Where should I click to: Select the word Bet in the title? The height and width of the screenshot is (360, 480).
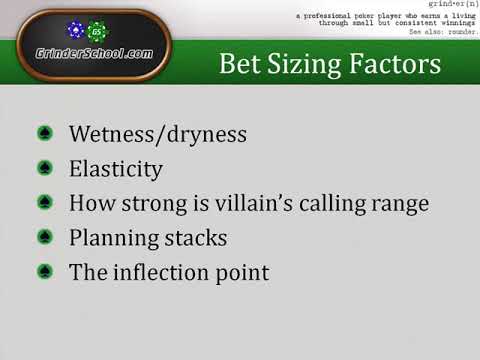[244, 66]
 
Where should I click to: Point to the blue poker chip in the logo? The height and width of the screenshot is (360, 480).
[76, 32]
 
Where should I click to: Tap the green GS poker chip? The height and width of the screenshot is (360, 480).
[96, 33]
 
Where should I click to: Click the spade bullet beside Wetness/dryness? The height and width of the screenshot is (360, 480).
[44, 133]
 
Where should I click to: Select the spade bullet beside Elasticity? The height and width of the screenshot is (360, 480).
[44, 168]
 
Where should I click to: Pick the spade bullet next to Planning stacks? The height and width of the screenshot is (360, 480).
[44, 237]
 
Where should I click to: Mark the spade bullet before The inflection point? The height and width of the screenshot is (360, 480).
[44, 272]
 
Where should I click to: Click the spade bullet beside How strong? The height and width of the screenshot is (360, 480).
[44, 203]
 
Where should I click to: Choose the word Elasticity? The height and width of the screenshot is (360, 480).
[115, 168]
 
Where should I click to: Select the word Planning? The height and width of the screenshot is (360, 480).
[113, 238]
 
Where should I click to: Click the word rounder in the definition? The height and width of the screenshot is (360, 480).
[456, 33]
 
